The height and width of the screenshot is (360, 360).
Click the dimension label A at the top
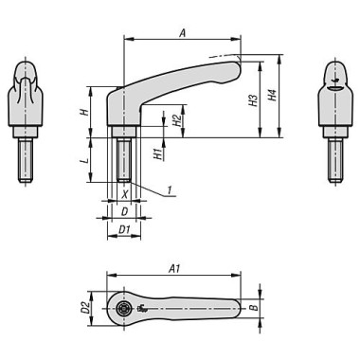tap(181, 32)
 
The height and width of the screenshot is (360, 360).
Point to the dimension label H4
tap(273, 96)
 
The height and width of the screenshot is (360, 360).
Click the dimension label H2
tap(177, 120)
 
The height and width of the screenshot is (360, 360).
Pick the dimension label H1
tap(157, 152)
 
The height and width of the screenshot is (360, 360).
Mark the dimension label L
tap(83, 162)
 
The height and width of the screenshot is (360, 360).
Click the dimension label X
tap(124, 194)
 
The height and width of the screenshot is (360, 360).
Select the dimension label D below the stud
tap(123, 211)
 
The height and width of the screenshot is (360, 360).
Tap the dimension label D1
tap(123, 229)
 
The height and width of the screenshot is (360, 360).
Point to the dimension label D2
tap(84, 308)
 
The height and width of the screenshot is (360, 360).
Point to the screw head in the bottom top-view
tap(123, 309)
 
